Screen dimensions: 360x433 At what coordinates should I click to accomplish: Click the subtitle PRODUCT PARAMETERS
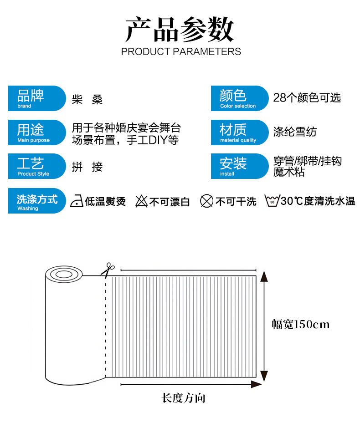point(181,51)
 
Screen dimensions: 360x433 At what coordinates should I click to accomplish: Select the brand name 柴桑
point(87,99)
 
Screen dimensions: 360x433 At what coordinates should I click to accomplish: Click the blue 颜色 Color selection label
point(239,98)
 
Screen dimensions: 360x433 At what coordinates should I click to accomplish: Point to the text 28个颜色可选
point(307,98)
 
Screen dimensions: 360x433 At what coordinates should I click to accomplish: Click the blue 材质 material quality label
point(239,132)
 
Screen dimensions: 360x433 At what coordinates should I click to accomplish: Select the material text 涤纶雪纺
point(295,132)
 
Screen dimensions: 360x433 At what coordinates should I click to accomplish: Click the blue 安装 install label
point(239,166)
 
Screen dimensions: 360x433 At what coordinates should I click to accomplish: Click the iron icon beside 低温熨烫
point(77,201)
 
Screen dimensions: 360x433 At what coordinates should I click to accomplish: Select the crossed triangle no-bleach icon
point(142,201)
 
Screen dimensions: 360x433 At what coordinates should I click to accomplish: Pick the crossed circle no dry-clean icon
point(207,201)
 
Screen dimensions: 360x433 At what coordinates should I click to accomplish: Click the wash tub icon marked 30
point(272,201)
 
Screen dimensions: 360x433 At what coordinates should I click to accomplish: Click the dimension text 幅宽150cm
point(301,325)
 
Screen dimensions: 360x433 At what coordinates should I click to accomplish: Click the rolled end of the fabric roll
point(65,274)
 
